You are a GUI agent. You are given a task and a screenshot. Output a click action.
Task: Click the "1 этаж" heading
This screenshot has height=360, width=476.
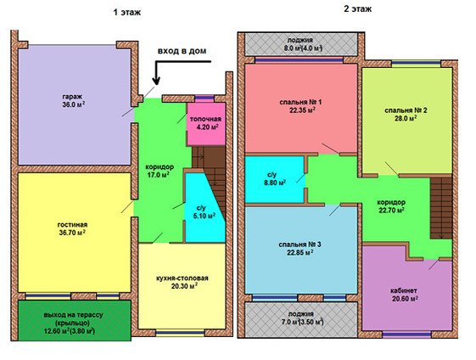(127, 13)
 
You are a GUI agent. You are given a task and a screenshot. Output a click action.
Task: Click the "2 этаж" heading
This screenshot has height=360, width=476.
(357, 8)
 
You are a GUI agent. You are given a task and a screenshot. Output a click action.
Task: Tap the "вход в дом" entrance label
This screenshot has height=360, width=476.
(182, 51)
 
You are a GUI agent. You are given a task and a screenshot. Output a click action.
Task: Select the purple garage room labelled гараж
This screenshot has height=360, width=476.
(75, 104)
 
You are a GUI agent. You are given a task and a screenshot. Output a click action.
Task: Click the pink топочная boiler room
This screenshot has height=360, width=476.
(206, 124)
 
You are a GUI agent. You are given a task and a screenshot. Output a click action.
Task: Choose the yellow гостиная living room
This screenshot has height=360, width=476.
(75, 233)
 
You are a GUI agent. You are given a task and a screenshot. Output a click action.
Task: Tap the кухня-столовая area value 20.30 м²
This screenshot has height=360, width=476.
(182, 286)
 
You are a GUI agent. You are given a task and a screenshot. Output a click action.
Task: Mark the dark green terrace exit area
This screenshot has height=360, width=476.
(75, 320)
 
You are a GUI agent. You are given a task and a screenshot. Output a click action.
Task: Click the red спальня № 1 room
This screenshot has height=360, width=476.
(300, 108)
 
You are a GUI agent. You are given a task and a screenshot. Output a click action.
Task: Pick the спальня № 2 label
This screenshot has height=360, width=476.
(406, 110)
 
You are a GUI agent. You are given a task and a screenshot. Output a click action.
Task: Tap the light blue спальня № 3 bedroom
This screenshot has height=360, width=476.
(300, 250)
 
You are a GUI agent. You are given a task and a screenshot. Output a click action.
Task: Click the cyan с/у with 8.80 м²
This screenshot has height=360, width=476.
(275, 179)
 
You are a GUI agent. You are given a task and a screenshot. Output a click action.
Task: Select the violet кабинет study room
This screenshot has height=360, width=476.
(406, 293)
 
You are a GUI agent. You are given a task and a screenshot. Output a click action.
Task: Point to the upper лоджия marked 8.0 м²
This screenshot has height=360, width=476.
(300, 44)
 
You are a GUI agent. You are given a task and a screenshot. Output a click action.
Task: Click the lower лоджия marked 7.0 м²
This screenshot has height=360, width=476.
(300, 319)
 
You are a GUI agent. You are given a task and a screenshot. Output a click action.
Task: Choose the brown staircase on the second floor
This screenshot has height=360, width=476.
(441, 208)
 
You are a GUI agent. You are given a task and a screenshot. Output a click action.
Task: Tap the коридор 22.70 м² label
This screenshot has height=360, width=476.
(391, 206)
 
